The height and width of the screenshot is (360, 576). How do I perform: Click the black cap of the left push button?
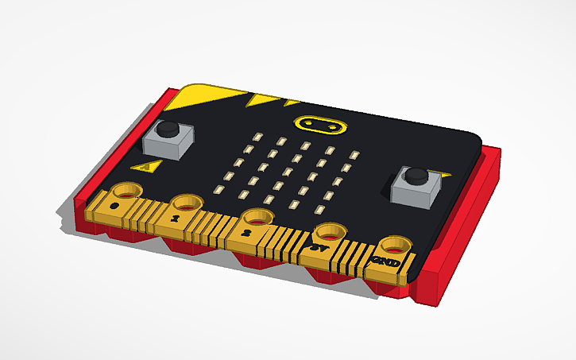[x=168, y=127]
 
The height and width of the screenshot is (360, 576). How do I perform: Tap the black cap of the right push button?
[x=414, y=175]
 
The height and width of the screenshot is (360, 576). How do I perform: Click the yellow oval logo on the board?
[x=319, y=124]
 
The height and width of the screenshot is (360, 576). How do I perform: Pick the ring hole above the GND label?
[x=391, y=245]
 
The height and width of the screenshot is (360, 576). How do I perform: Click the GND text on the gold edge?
[x=381, y=260]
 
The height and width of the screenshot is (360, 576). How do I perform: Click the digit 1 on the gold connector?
[x=176, y=215]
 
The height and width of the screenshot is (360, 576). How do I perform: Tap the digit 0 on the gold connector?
[x=116, y=205]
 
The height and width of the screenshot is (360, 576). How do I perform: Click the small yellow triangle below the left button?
[x=146, y=166]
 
